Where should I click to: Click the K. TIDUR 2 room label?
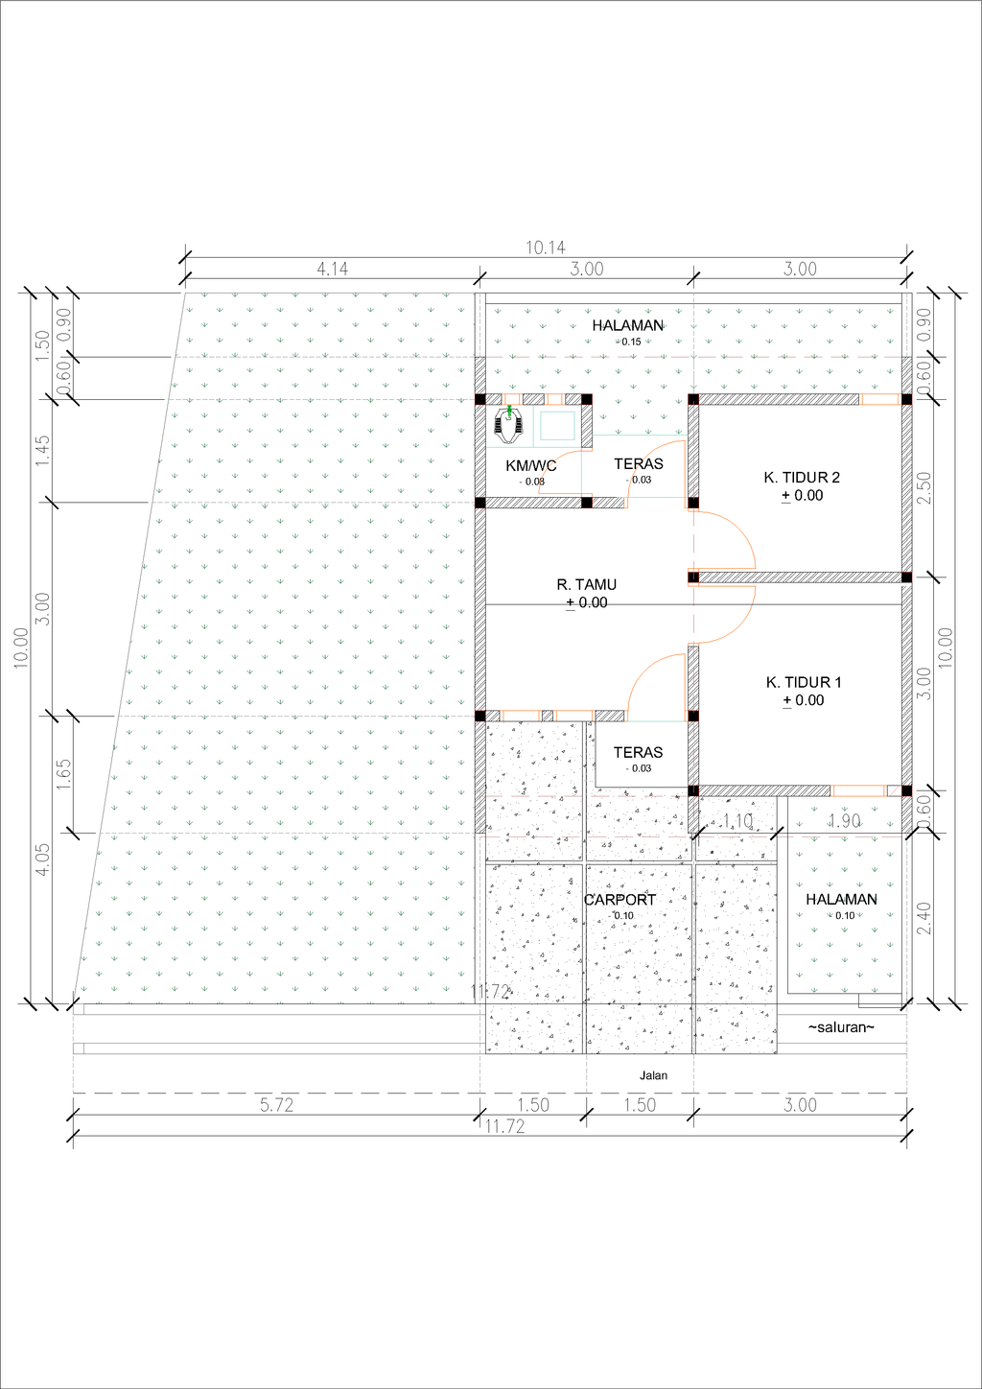tap(802, 478)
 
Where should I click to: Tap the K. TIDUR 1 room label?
tap(804, 682)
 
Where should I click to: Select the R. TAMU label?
tap(587, 585)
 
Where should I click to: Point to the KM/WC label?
tap(531, 465)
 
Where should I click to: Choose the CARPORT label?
tap(620, 900)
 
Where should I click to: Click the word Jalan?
tap(653, 1076)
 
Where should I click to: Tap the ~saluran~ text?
tap(841, 1027)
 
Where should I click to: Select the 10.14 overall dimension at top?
tap(546, 248)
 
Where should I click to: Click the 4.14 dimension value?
tap(333, 270)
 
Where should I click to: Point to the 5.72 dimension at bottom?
tap(276, 1105)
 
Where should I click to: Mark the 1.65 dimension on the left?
tap(63, 774)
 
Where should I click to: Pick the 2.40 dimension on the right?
tap(924, 918)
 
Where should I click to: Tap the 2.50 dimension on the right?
tap(924, 488)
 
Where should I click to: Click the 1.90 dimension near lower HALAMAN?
tap(844, 821)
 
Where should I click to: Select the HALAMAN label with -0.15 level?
tap(627, 325)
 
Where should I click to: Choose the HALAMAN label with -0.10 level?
tap(841, 899)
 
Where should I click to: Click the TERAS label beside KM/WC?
tap(639, 464)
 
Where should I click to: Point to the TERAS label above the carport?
tap(639, 752)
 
